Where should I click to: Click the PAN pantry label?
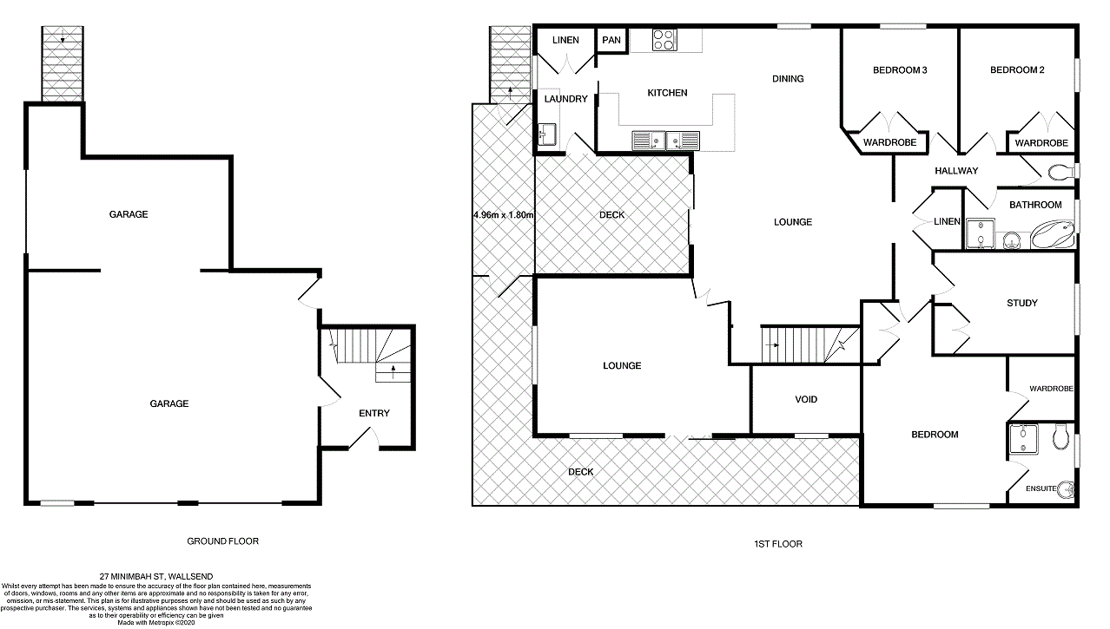click(611, 40)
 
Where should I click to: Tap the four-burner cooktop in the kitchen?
click(664, 39)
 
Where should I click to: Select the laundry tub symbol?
click(546, 134)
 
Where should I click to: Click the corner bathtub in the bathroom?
click(1053, 234)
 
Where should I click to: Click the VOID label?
click(806, 400)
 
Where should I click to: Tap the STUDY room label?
click(1021, 304)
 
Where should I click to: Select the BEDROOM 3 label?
click(900, 70)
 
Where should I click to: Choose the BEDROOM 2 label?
click(1017, 70)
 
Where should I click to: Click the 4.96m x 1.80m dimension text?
click(503, 215)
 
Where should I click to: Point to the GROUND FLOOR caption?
click(222, 541)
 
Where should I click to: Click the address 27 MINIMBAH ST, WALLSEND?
click(156, 576)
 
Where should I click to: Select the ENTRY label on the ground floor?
click(374, 414)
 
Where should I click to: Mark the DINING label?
click(788, 79)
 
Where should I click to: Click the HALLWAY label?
click(956, 171)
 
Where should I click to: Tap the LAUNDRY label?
click(565, 100)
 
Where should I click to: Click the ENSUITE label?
click(1041, 489)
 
